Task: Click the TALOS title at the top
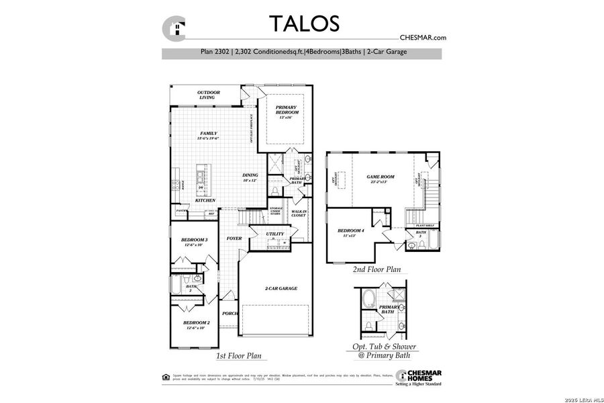[304, 23]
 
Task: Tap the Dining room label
[250, 177]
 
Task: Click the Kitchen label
[205, 200]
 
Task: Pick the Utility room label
[274, 234]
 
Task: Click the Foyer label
[234, 238]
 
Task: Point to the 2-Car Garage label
[281, 288]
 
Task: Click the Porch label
[230, 313]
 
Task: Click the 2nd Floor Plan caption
[376, 269]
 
